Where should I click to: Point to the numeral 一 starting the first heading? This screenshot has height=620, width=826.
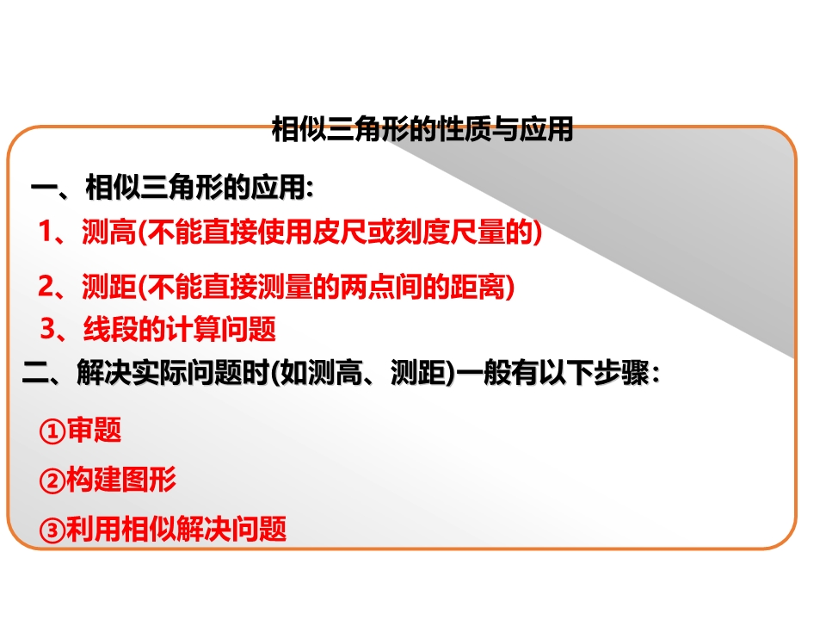click(44, 188)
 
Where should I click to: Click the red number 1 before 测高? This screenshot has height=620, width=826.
click(45, 231)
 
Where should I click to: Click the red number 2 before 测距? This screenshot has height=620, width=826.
click(46, 286)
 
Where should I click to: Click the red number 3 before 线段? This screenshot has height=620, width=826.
click(48, 328)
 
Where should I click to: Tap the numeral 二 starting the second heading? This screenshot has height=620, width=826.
click(35, 373)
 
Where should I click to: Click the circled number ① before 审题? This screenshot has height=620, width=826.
click(52, 431)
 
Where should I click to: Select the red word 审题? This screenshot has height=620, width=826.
click(94, 430)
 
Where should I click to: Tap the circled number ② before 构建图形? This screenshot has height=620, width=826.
click(52, 480)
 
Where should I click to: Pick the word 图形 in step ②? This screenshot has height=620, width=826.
click(149, 480)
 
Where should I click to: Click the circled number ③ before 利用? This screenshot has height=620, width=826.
click(52, 530)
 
